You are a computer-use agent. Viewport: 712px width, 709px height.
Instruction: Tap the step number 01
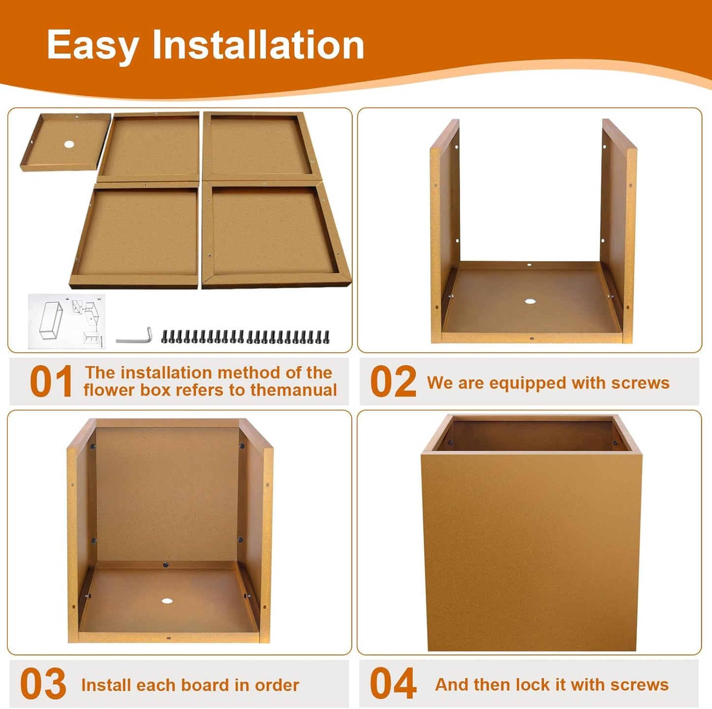pos(51,382)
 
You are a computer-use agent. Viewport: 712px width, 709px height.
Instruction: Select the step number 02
pos(393,382)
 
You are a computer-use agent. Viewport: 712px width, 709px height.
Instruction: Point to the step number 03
pos(43,683)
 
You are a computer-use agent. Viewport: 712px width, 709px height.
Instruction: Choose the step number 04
pos(393,683)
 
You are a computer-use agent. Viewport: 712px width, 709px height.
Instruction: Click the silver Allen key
pos(134,335)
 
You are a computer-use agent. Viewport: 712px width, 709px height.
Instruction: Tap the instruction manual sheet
pos(67,321)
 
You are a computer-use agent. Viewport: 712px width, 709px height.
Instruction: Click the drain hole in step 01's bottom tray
pos(68,144)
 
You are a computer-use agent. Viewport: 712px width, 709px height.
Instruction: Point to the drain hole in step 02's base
pos(530,301)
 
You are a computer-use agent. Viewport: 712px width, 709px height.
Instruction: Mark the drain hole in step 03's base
pos(167,601)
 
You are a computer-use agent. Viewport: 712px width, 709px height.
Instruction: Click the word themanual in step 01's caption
pos(293,390)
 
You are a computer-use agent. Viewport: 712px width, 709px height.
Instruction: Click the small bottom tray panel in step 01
pos(66,142)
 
